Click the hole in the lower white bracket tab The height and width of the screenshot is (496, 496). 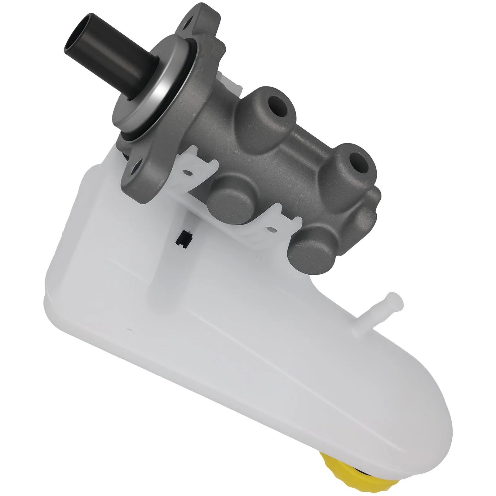272,230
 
